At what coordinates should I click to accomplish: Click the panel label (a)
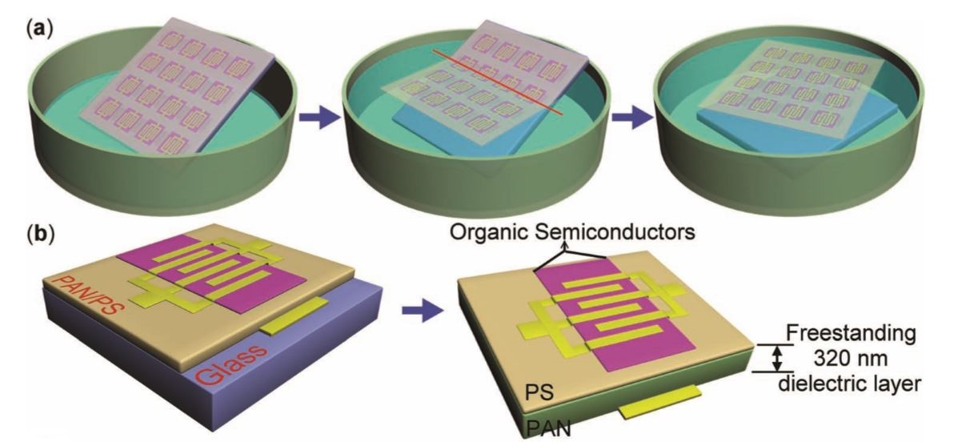point(40,30)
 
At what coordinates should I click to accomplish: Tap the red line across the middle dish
point(498,82)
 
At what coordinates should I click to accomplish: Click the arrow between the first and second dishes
point(320,116)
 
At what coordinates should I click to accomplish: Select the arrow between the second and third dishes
point(631,116)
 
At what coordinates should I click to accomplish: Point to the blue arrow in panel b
point(423,310)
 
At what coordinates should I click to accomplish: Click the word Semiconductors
point(615,232)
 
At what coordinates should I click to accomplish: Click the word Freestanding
point(851,335)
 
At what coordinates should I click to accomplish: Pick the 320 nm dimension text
point(851,360)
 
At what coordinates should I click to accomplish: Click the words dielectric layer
point(850,384)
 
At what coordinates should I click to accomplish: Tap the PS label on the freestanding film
point(539,392)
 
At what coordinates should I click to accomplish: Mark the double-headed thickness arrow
point(777,358)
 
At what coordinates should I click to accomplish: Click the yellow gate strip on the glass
point(294,315)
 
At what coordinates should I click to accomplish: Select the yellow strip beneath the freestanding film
point(660,402)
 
